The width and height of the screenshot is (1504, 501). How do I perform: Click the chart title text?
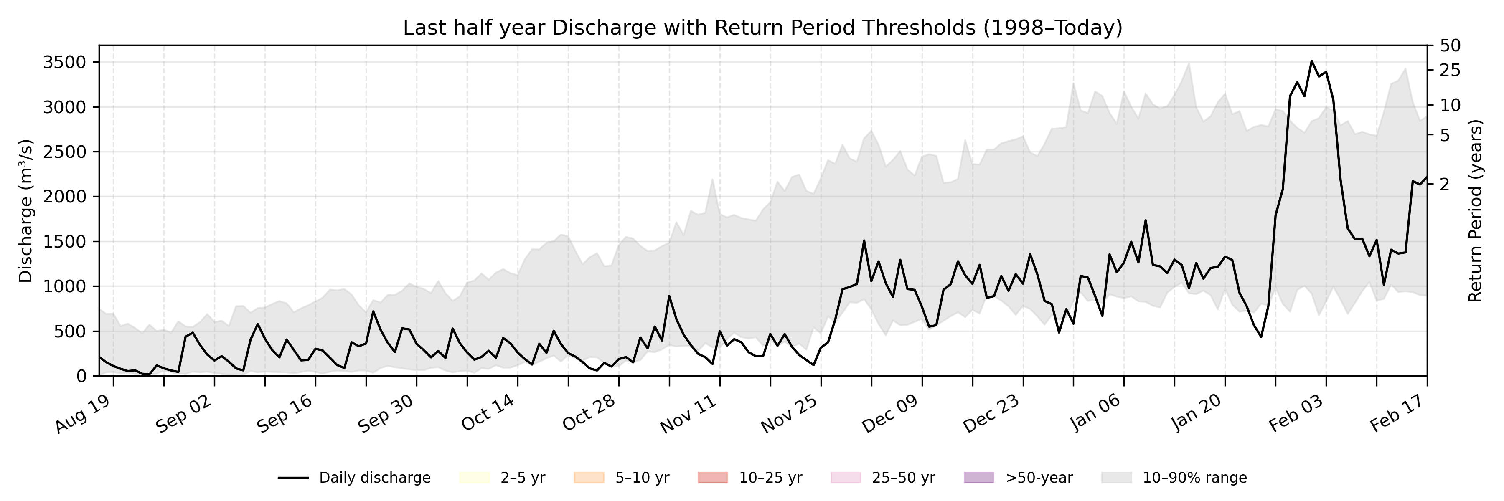762,28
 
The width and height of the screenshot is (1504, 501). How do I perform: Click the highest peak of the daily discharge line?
1312,61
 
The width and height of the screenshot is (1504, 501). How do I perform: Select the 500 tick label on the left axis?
70,331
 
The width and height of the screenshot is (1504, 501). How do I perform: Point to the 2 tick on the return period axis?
1444,184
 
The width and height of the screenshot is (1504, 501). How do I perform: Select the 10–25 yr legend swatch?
712,478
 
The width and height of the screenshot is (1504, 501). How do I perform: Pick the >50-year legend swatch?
978,478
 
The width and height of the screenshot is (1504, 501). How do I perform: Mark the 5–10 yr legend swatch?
589,478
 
